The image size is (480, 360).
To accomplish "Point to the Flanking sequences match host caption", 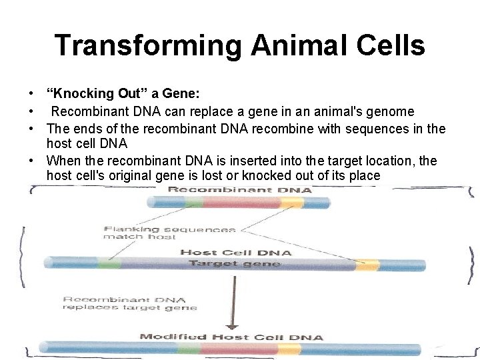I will point(169,233).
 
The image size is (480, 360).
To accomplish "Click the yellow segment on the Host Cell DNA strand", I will point(366,265).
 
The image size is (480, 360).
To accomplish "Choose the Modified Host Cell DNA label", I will point(231,337).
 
